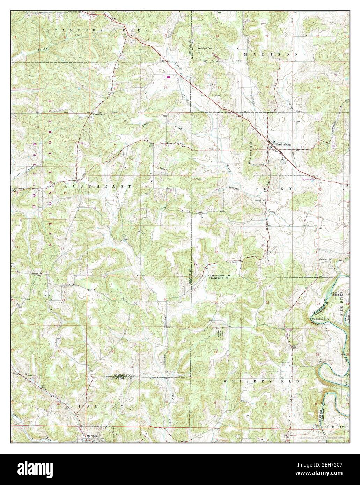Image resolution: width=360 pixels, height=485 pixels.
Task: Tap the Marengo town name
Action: click(91, 436)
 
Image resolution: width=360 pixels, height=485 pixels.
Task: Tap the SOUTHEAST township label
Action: click(98, 186)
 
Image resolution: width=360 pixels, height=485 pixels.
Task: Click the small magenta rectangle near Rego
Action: click(169, 77)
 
